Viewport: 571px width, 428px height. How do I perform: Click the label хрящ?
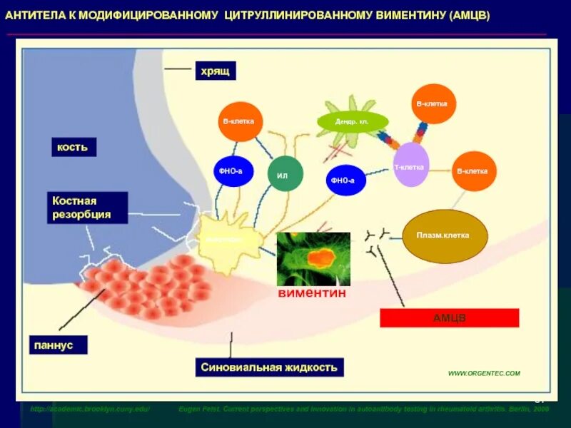(x=215, y=71)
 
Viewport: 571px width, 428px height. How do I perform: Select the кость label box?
(x=72, y=147)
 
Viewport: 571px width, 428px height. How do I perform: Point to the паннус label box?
(x=59, y=345)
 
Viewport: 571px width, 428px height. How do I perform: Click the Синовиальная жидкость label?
(x=269, y=367)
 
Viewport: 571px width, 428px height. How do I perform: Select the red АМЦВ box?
(x=449, y=317)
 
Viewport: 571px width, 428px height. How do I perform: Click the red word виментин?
(x=313, y=293)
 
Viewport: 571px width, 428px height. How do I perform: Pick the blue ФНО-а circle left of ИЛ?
(x=233, y=171)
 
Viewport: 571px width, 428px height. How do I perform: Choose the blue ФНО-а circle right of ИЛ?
(x=346, y=180)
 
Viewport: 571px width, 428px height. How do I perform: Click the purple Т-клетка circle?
(x=411, y=165)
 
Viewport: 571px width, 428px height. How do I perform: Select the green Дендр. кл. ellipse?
(x=352, y=121)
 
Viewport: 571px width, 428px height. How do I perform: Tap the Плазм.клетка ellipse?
(x=447, y=236)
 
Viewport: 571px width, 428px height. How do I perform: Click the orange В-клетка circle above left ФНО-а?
(x=240, y=121)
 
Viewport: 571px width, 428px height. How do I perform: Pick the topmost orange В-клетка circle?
(x=433, y=104)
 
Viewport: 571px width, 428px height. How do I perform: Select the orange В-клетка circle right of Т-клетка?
(x=474, y=171)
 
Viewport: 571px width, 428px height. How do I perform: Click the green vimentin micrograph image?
(x=313, y=259)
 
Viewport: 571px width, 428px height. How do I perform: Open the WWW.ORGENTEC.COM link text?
(x=483, y=373)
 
